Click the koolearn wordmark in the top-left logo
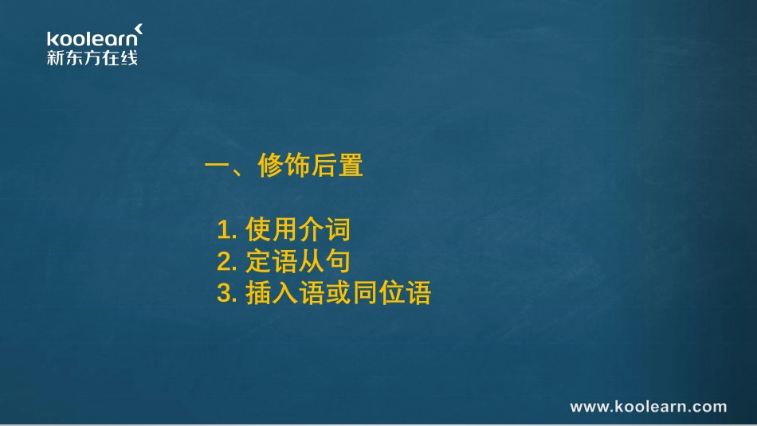[x=91, y=39]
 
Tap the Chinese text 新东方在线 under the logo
[x=92, y=57]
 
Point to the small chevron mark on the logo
[x=139, y=29]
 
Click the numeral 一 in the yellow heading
[x=218, y=166]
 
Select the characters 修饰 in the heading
[x=284, y=166]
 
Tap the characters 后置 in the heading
[x=337, y=166]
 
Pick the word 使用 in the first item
[x=271, y=230]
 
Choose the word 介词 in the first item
[x=324, y=230]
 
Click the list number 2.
[x=226, y=262]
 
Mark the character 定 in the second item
[x=259, y=261]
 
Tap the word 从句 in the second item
[x=324, y=261]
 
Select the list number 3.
[x=226, y=293]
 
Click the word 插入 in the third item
[x=271, y=292]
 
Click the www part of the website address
[x=589, y=407]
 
